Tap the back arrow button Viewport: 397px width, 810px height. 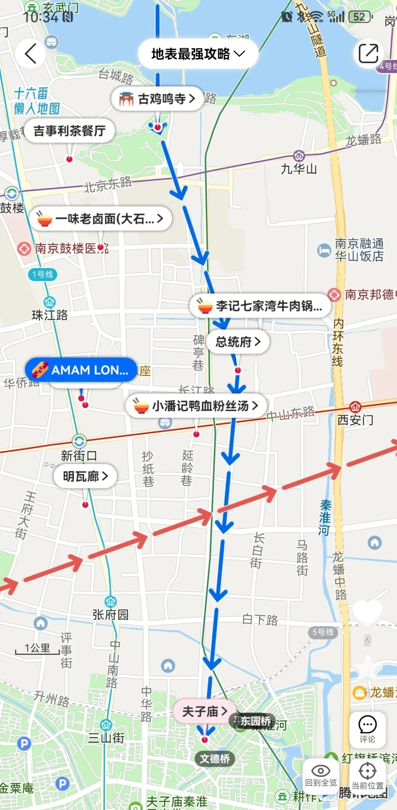coord(31,54)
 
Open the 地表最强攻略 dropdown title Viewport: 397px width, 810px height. coord(198,54)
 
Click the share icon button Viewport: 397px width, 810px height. coord(368,54)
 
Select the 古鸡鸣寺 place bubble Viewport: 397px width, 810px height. coord(157,99)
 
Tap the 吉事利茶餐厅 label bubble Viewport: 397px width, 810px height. coord(69,131)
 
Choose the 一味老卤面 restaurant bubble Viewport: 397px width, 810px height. coord(100,219)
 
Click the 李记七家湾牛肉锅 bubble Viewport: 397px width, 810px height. coord(260,306)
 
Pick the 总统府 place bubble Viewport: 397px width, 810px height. coord(238,342)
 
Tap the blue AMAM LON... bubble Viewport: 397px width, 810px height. coord(81,370)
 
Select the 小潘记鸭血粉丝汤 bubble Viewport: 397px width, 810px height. coord(196,406)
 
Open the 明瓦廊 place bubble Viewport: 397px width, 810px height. coord(85,477)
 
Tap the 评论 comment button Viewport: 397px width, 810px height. coord(367,730)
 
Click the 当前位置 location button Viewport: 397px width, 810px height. coord(367,775)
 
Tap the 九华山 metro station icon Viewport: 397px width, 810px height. coord(299,156)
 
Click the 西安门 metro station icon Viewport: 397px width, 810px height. coord(355,407)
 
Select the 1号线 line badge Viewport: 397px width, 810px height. coord(43,274)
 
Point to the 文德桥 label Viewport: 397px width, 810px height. coord(215,759)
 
